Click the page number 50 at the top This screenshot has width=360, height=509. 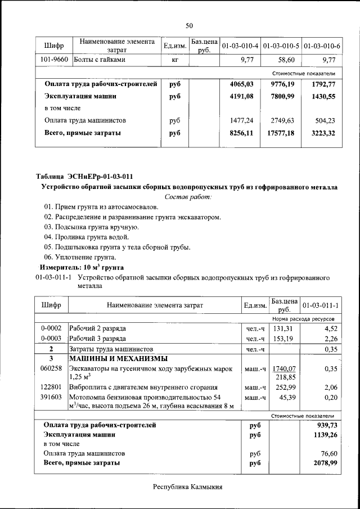point(189,25)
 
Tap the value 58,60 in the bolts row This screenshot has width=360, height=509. point(286,59)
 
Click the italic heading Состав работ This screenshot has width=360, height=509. point(188,197)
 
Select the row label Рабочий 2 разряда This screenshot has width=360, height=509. point(97,328)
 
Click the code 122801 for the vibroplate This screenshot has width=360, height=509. point(51,388)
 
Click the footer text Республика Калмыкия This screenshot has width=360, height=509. point(188,487)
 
